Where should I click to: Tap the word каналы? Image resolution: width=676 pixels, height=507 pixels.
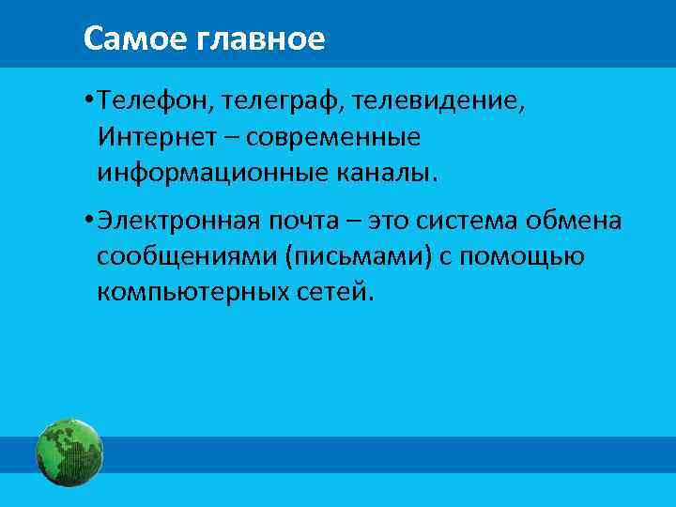pos(391,173)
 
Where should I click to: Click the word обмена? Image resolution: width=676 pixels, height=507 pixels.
pos(579,221)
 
